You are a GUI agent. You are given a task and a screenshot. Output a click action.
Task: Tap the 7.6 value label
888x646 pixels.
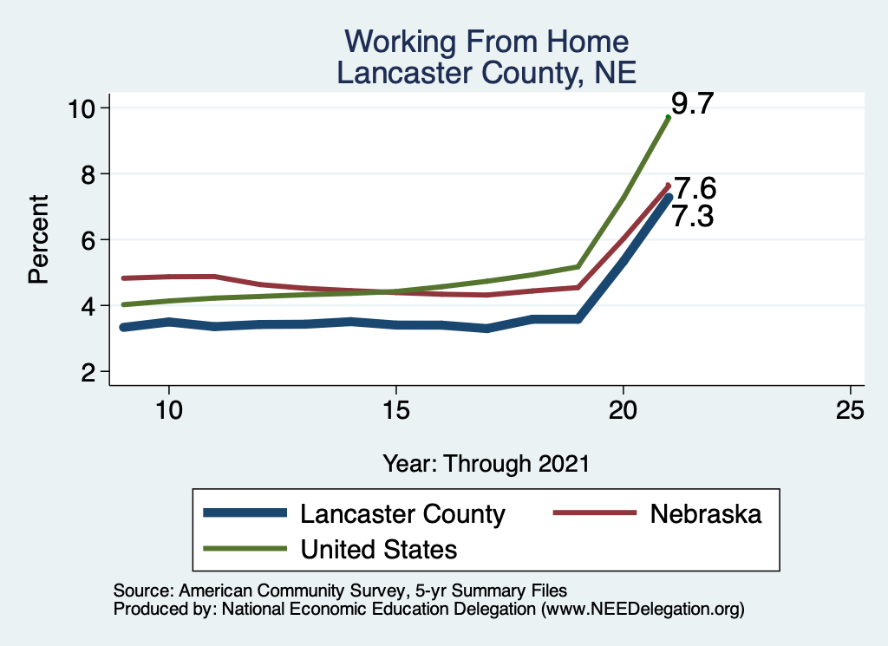[695, 188]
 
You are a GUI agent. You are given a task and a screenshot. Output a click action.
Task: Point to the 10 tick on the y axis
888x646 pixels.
[85, 108]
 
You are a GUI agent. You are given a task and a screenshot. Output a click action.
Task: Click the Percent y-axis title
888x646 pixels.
[37, 239]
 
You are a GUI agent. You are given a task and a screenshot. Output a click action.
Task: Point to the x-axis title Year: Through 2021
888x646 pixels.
[486, 464]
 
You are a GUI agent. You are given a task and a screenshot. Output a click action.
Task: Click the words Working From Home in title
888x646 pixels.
[486, 42]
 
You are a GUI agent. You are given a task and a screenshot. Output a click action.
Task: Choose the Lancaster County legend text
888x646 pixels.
[402, 514]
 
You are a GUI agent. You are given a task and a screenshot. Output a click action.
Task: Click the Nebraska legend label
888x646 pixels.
[706, 514]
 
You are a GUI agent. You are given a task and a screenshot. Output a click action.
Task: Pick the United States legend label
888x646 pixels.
[378, 549]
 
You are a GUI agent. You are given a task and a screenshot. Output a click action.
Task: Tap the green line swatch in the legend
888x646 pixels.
[245, 549]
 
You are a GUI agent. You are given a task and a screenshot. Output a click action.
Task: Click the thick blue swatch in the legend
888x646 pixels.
[245, 514]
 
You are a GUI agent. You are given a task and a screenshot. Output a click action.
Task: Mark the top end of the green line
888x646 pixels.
[668, 117]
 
